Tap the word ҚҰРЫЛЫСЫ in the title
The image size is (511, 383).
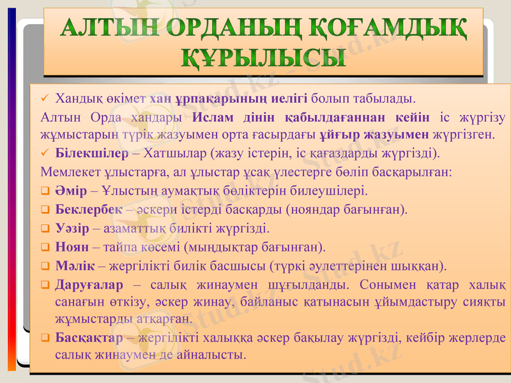point(264,58)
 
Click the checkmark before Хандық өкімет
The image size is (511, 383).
point(44,99)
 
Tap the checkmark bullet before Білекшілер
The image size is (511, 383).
point(44,154)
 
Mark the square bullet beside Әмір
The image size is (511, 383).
point(44,191)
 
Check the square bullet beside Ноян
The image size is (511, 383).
point(44,247)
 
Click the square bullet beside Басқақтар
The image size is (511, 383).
point(44,337)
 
